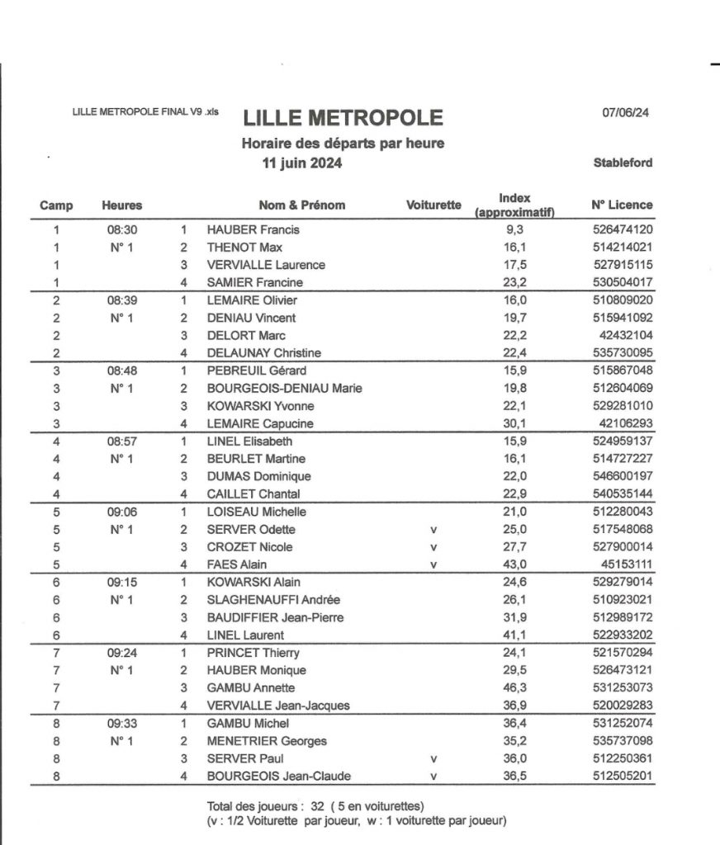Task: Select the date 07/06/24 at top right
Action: point(626,114)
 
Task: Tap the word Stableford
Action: point(623,163)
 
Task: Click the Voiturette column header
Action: point(434,205)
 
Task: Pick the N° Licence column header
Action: point(622,205)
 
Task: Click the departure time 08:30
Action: point(121,229)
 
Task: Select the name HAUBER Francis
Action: point(253,229)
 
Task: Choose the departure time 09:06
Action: point(121,512)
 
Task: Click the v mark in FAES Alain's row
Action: point(434,564)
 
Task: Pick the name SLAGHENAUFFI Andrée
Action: point(273,600)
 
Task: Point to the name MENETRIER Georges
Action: point(267,740)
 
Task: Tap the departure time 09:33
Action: point(121,723)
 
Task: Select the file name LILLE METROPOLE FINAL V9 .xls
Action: point(146,112)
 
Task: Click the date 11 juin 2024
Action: point(302,163)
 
